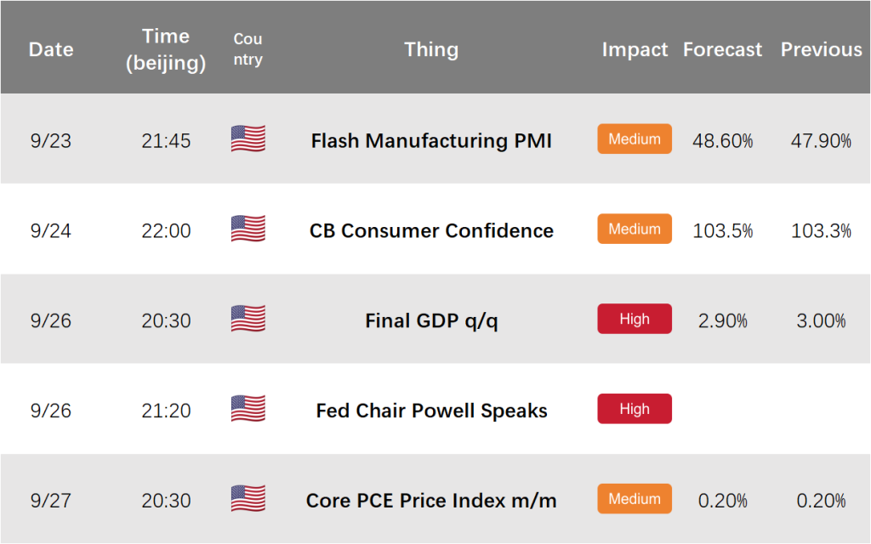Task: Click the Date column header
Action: [x=51, y=49]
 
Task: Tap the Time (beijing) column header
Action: [x=166, y=49]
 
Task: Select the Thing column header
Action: [x=431, y=49]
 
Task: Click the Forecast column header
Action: [x=722, y=49]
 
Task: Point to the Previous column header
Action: [x=821, y=49]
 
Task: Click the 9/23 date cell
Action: [x=50, y=141]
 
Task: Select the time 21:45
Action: [x=166, y=141]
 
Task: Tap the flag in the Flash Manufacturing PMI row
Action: [x=248, y=139]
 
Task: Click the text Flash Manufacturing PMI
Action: [x=431, y=141]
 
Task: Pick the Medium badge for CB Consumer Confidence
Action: [x=635, y=229]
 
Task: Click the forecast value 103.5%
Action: [x=722, y=231]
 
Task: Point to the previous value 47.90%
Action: [x=821, y=141]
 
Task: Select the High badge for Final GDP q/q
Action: [x=635, y=319]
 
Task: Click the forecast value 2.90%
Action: [x=722, y=320]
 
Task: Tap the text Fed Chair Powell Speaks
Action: [x=431, y=411]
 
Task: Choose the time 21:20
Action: [x=166, y=411]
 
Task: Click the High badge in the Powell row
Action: [x=635, y=409]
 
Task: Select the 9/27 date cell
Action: [x=50, y=501]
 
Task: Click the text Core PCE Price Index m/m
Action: [x=431, y=501]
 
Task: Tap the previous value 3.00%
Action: [x=821, y=320]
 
